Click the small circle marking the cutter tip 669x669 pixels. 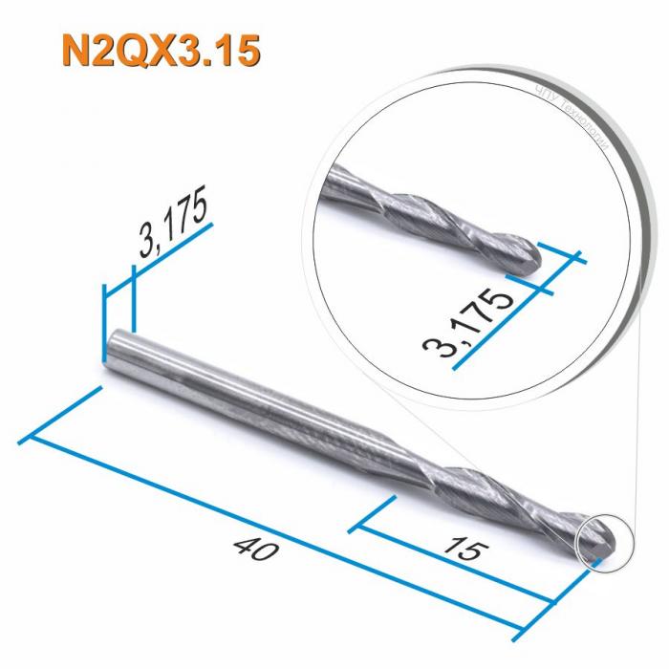pyautogui.click(x=600, y=540)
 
